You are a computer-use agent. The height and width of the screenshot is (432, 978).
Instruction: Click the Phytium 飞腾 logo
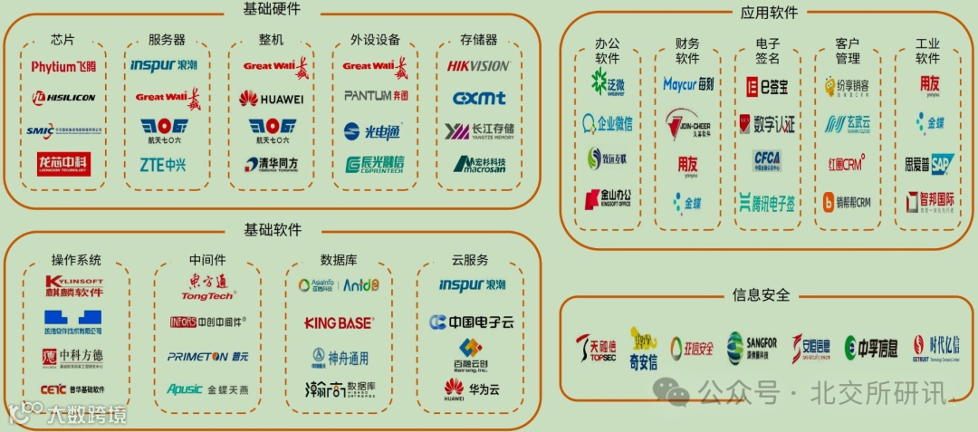coord(63,66)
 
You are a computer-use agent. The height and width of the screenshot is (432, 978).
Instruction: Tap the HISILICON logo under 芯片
coord(63,98)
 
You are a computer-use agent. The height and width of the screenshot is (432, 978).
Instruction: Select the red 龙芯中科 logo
coord(63,164)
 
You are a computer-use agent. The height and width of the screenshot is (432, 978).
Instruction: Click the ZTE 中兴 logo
coord(163,164)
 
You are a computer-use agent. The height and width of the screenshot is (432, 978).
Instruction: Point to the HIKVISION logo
coord(478,66)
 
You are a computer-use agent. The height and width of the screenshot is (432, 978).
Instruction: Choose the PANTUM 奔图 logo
coord(375,96)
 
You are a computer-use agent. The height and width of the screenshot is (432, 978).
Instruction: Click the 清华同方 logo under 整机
coord(270,164)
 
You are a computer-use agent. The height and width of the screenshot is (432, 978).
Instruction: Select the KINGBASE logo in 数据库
coord(338,323)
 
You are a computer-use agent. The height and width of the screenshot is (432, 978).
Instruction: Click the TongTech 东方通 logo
coord(208,287)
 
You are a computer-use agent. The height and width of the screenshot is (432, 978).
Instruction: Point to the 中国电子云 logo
coord(471,322)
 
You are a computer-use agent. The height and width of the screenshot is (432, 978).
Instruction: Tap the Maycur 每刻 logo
coord(687,85)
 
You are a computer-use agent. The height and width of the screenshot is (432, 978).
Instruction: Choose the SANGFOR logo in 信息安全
coord(752,346)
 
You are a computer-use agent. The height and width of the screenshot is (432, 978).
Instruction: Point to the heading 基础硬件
coord(272,9)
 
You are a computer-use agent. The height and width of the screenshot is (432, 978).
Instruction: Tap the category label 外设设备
coord(375,40)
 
